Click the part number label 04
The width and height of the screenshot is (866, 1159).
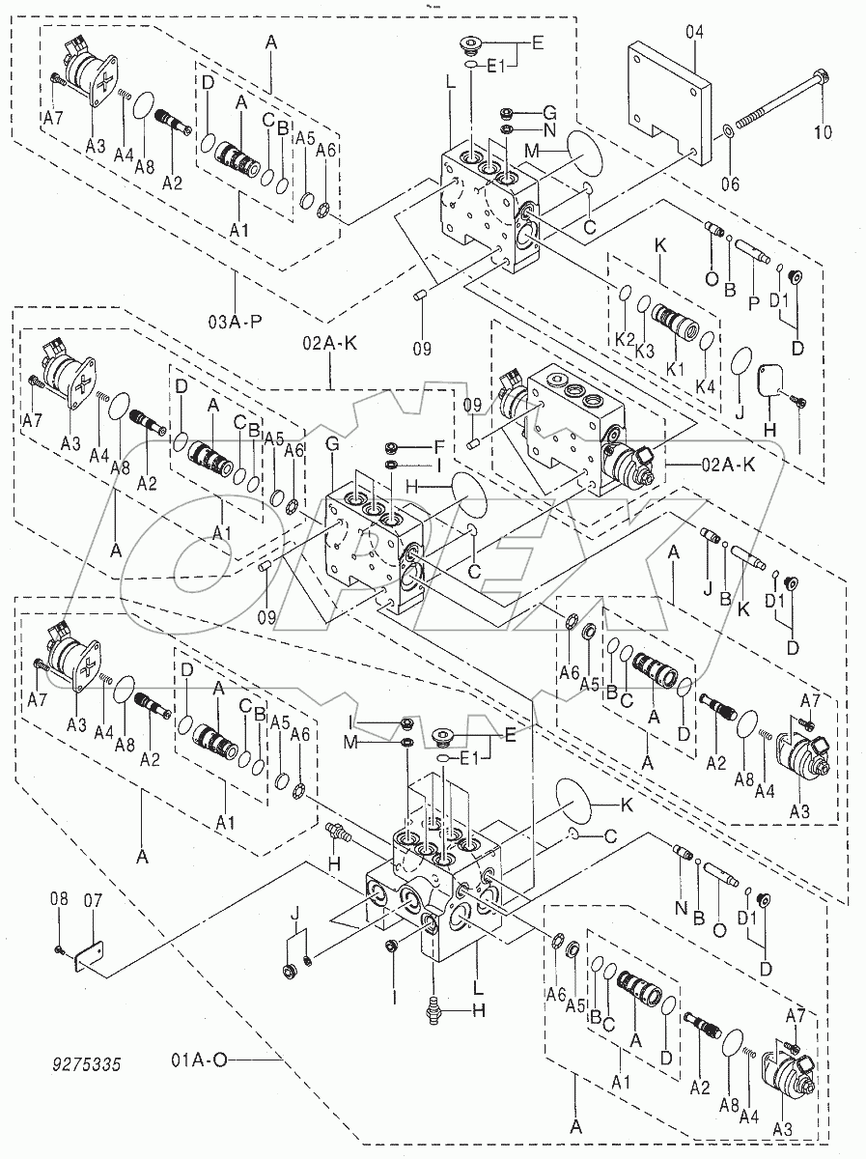695,32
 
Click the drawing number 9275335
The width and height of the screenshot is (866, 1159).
86,1066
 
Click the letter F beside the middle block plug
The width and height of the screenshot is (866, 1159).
437,447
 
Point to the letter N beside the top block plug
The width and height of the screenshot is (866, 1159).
550,129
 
